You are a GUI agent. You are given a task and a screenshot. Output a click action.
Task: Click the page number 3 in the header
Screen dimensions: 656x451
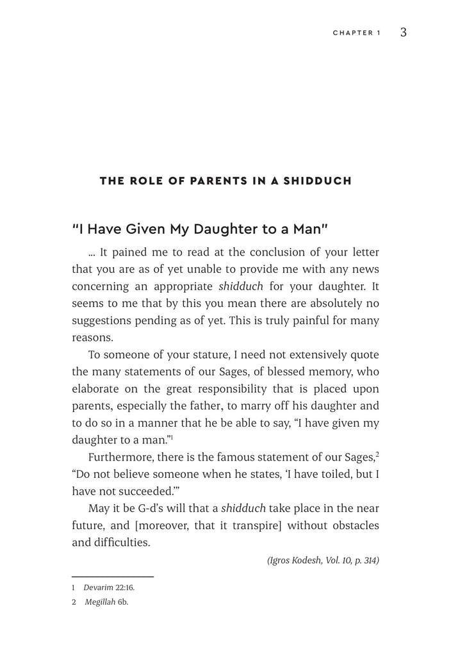(x=403, y=33)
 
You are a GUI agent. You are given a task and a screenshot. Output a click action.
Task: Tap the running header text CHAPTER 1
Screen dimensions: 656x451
(x=356, y=33)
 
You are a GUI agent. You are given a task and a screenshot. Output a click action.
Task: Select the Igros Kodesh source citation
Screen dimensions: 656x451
(x=322, y=561)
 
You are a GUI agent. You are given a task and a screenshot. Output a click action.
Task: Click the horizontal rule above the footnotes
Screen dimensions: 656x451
(x=112, y=577)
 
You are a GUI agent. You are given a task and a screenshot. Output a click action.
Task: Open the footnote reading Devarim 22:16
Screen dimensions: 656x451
(x=109, y=587)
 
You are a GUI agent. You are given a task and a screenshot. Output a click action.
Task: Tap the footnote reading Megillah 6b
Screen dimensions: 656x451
(x=107, y=602)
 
